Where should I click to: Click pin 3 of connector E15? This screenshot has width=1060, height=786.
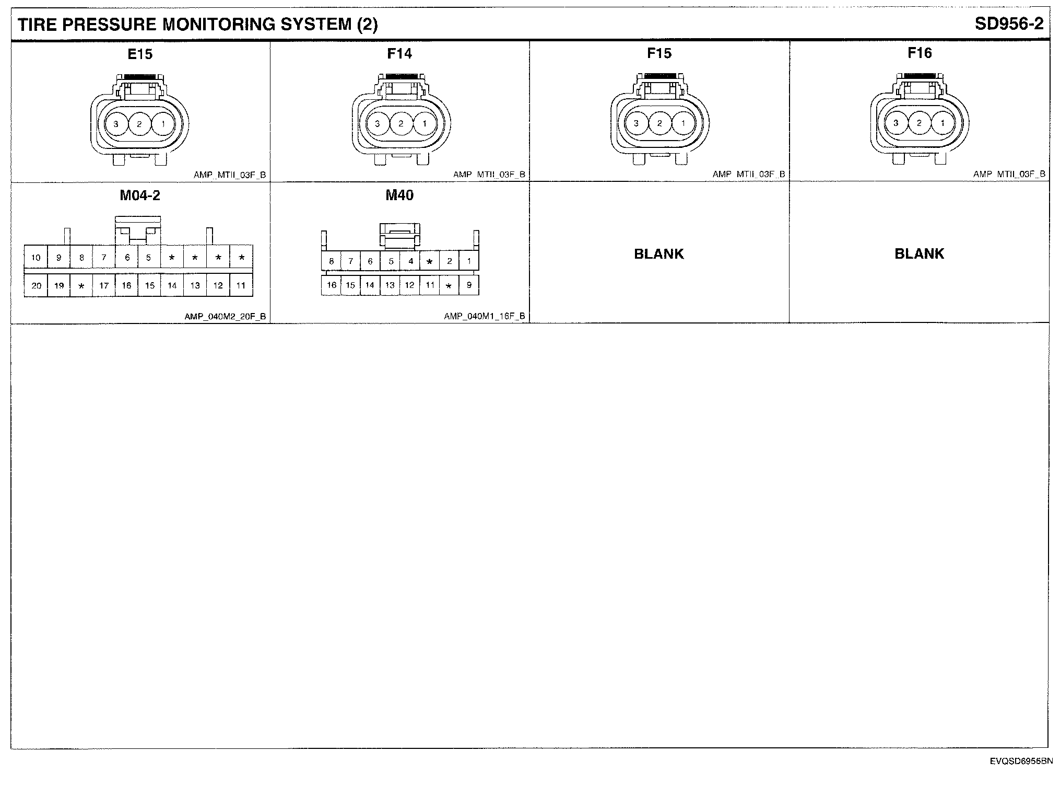(x=116, y=124)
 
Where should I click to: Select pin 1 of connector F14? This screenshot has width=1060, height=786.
(x=425, y=124)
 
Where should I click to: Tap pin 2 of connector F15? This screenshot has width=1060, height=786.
(x=659, y=123)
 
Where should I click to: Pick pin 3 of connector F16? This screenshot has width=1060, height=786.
(x=896, y=123)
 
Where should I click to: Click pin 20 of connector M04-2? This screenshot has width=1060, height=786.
(x=36, y=285)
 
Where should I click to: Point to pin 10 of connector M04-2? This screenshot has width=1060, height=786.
(x=36, y=257)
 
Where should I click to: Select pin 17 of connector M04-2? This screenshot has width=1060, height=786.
(x=104, y=285)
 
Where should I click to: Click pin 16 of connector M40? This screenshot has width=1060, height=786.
(x=332, y=285)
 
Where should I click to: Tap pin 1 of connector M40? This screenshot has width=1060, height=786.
(x=469, y=261)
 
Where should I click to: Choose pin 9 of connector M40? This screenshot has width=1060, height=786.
(x=469, y=285)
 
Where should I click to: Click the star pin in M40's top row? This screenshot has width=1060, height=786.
(x=429, y=261)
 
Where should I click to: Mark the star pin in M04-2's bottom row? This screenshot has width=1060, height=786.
(x=81, y=286)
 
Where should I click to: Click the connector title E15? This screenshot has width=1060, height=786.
(x=140, y=54)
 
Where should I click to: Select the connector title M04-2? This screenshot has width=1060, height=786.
(x=140, y=195)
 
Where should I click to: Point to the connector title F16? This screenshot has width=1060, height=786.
(x=920, y=53)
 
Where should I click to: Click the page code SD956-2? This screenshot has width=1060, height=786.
(x=1009, y=24)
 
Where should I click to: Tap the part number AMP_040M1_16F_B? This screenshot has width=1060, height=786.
(x=485, y=316)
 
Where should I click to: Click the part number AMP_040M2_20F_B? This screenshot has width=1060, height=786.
(x=225, y=316)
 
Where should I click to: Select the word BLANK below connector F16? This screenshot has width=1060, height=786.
(x=919, y=254)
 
